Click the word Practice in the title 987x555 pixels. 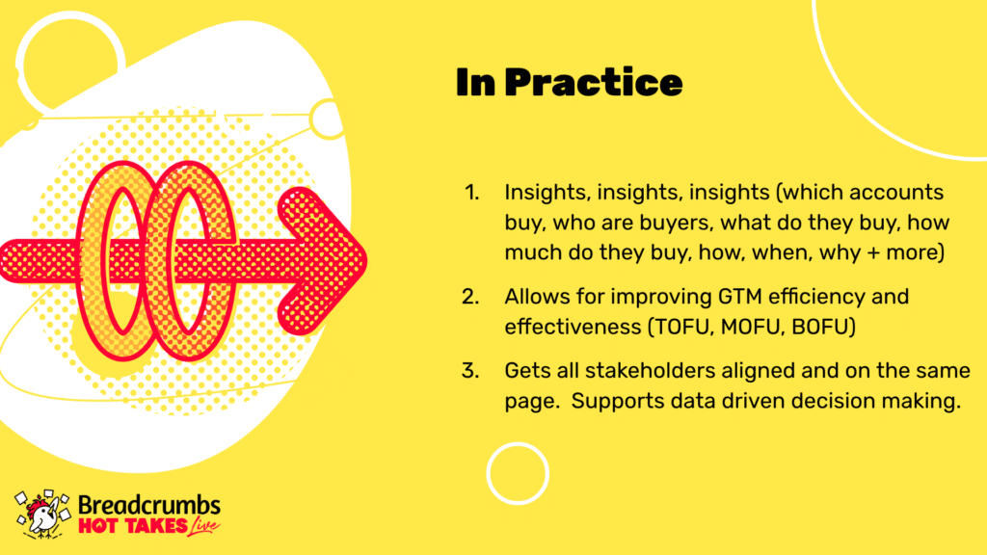(594, 83)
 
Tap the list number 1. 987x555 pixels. (471, 193)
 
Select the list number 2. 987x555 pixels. (470, 297)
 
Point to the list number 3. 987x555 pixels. (470, 371)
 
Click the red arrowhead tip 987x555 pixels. (367, 260)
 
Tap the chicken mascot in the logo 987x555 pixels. (42, 515)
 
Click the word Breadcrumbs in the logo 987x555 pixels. (149, 505)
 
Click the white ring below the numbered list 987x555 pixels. (518, 443)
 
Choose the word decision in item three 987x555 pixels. (832, 402)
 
